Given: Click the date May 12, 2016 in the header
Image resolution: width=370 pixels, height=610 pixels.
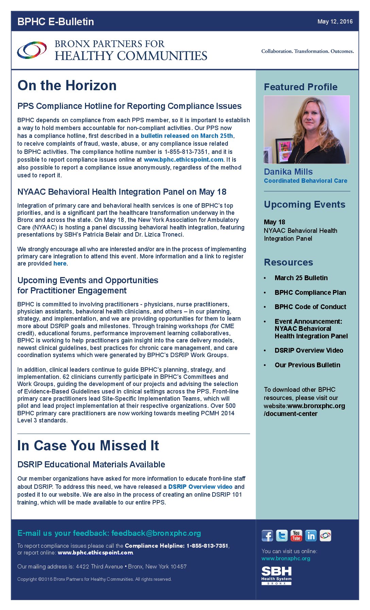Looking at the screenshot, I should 335,21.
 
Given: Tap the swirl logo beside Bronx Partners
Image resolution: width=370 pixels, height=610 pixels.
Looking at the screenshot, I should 32,50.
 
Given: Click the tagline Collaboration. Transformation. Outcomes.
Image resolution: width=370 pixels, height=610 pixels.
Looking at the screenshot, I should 307,51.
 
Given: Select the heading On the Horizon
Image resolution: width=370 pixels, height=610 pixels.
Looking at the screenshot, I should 67,85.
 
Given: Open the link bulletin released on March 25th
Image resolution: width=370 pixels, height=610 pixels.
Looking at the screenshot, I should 187,136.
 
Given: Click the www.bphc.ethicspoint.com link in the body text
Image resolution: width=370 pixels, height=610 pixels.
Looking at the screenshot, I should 184,160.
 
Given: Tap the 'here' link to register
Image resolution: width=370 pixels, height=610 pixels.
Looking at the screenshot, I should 60,263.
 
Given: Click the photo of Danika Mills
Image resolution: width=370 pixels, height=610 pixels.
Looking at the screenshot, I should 306,129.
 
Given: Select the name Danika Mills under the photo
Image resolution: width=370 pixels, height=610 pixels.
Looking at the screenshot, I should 288,172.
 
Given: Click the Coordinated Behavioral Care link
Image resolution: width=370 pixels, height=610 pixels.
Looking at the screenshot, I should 305,181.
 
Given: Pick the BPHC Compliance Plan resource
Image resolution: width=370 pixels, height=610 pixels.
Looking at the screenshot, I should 310,292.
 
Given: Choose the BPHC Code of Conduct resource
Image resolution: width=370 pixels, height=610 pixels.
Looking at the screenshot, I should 310,307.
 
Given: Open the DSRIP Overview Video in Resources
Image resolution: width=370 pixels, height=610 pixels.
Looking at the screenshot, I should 309,350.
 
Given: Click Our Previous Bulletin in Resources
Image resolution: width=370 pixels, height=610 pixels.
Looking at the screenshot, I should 307,365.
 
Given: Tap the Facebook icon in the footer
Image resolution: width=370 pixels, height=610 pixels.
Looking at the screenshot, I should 267,535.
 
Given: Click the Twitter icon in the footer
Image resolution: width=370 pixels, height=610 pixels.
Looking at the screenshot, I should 282,535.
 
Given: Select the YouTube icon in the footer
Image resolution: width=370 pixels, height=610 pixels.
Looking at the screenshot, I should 296,535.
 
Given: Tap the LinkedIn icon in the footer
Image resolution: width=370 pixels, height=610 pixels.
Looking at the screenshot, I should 310,535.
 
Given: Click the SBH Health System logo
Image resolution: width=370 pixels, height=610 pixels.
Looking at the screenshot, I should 276,575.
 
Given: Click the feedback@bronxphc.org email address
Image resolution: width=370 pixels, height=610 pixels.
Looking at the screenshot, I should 156,533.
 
